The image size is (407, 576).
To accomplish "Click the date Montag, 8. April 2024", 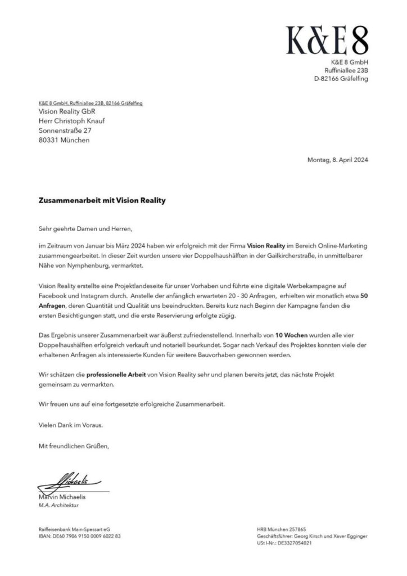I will (x=337, y=160).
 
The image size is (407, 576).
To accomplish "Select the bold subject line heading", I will (x=102, y=200).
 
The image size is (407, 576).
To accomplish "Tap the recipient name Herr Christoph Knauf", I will (x=73, y=121).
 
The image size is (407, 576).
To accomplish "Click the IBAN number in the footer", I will (x=79, y=536).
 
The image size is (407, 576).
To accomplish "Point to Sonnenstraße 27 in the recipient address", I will (x=65, y=130).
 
